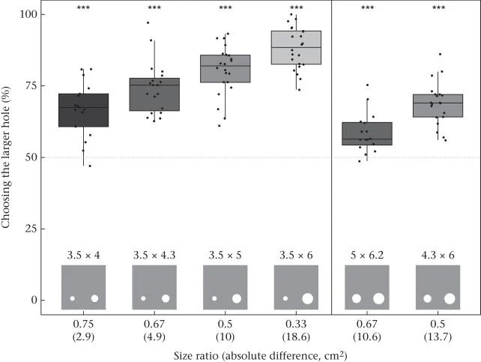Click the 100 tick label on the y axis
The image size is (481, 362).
click(28, 14)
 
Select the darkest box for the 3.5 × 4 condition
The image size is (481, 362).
click(83, 110)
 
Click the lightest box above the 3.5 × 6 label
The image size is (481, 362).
click(296, 47)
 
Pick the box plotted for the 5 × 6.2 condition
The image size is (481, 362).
click(367, 133)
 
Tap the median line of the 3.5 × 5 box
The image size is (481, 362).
click(226, 66)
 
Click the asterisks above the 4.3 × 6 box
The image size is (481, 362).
click(438, 7)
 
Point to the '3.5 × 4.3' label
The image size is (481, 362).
click(154, 256)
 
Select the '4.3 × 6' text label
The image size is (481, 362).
click(438, 256)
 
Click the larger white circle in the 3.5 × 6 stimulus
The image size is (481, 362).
click(308, 298)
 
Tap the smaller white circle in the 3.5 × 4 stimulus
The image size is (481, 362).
click(73, 298)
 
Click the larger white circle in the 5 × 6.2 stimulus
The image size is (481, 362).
click(378, 298)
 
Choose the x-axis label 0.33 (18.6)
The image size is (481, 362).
click(296, 330)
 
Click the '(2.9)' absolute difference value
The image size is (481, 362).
click(83, 337)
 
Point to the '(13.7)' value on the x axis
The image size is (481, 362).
click(438, 337)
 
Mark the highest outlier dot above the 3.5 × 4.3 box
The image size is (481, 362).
click(148, 22)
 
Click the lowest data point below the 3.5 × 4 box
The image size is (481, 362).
click(90, 166)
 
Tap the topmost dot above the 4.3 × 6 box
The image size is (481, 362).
click(441, 54)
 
